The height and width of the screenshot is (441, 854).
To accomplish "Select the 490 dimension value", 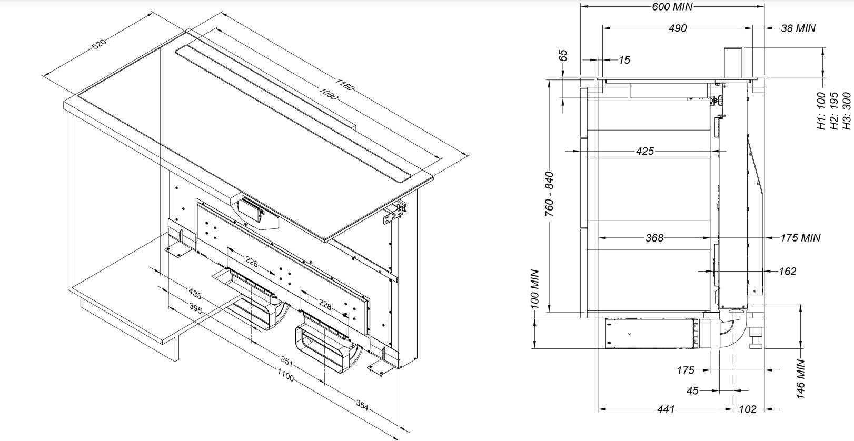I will click(678, 28).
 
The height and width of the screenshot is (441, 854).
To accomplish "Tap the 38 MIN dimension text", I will click(798, 28).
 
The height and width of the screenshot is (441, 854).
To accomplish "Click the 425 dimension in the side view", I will click(644, 152).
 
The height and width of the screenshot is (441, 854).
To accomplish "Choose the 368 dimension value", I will click(654, 238).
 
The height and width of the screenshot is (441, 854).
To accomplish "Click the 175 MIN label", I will click(800, 238).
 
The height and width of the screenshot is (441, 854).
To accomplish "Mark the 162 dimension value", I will click(787, 272).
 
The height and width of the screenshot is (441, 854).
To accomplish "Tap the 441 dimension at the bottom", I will click(666, 409).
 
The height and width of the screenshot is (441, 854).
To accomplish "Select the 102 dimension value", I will click(748, 409).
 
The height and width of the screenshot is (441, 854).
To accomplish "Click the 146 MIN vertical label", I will click(801, 379).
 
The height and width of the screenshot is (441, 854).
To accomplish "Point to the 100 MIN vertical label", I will click(535, 289).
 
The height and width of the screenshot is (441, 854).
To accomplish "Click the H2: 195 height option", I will click(833, 111).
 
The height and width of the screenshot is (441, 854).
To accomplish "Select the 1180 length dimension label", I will click(344, 84).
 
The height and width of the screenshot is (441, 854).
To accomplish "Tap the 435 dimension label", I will click(195, 294).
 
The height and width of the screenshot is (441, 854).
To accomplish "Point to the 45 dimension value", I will click(692, 390).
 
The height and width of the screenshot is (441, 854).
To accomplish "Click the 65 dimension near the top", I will click(563, 55).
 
